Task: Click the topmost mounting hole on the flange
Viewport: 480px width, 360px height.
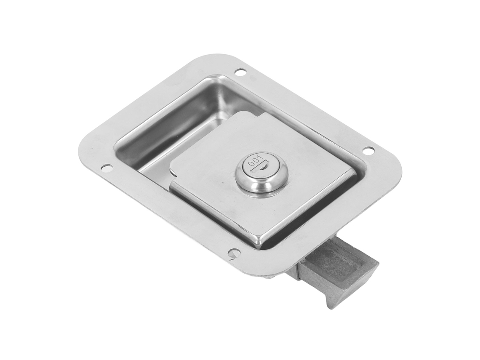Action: pos(240,72)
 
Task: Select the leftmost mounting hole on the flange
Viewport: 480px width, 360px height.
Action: pos(106,168)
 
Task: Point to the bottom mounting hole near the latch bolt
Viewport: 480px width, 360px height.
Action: pos(234,252)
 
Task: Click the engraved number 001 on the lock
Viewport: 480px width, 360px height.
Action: pos(253,161)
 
